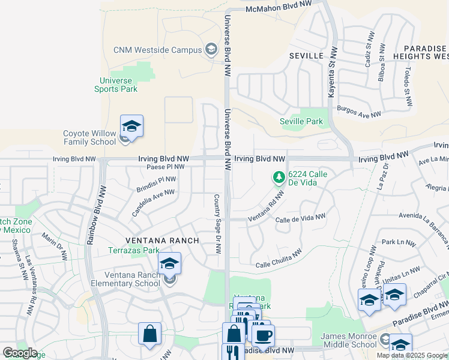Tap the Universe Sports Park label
click(x=116, y=85)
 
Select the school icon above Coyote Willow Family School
click(x=131, y=127)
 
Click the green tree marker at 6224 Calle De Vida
click(x=279, y=178)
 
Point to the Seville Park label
click(x=301, y=121)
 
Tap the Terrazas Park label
click(x=133, y=250)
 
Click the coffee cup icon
click(x=262, y=335)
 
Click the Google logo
click(x=19, y=353)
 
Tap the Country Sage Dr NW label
click(x=217, y=223)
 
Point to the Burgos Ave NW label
click(x=359, y=113)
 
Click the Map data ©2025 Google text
click(x=412, y=355)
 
